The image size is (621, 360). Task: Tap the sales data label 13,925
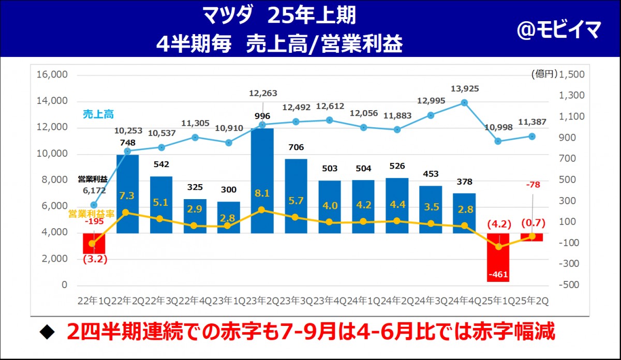tap(464, 89)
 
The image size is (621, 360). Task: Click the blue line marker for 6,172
tap(94, 205)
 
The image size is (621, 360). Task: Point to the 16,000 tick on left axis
tap(52, 74)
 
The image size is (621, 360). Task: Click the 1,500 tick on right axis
tap(572, 74)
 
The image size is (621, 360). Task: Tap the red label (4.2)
tap(499, 224)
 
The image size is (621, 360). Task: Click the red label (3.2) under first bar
tap(94, 259)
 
